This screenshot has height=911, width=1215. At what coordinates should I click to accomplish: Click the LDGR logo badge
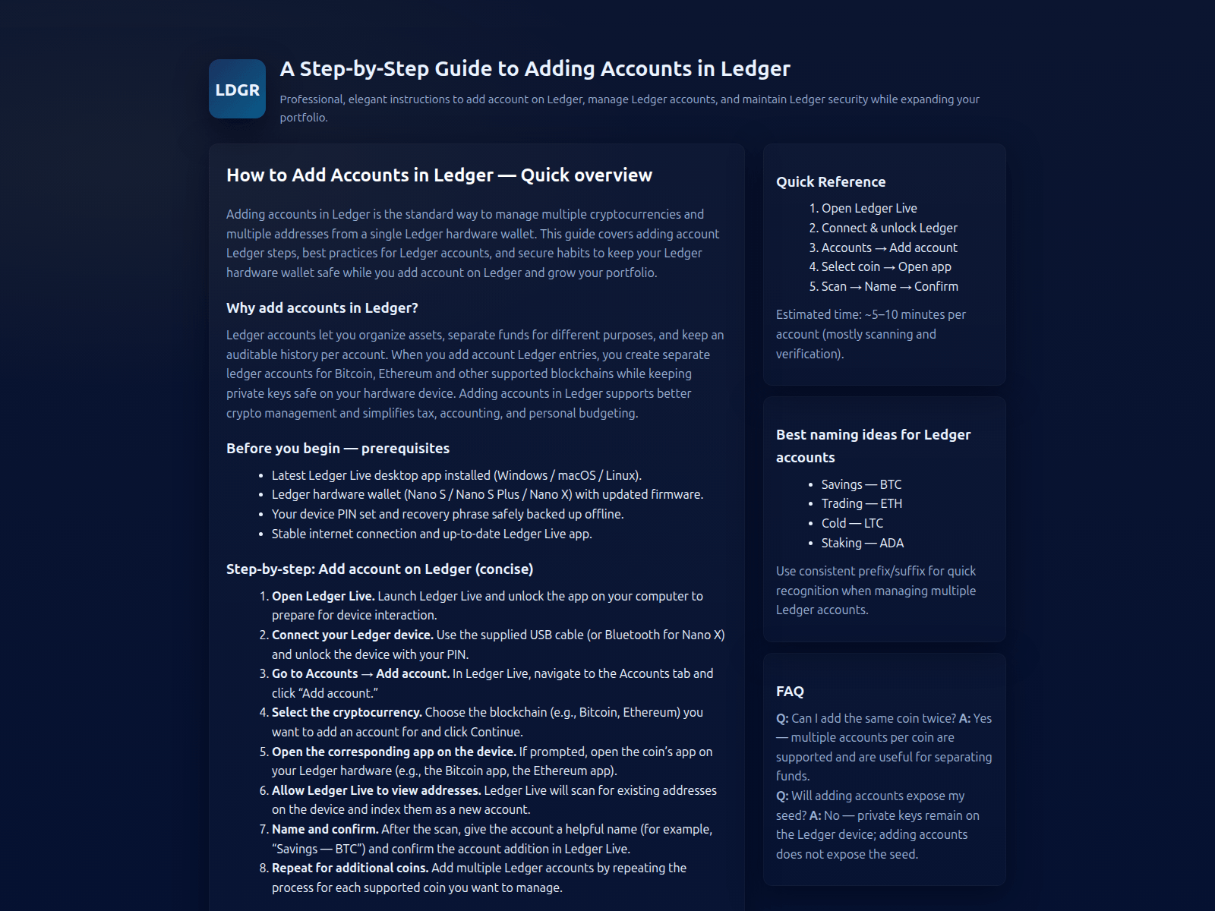pos(237,89)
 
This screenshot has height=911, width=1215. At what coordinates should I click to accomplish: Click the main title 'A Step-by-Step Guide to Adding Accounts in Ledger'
pos(535,69)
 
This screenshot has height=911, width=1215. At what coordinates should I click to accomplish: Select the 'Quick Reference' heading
pos(831,182)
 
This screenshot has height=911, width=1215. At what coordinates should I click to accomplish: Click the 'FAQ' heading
pos(790,692)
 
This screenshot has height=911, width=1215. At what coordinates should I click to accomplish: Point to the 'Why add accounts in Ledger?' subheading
pos(322,308)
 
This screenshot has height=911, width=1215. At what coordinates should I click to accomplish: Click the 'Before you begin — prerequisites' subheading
pos(338,449)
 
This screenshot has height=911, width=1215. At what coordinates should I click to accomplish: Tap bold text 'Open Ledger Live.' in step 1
pos(323,596)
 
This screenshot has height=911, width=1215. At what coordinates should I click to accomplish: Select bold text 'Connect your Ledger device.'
pos(352,635)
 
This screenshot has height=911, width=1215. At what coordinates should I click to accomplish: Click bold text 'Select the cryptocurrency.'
pos(346,712)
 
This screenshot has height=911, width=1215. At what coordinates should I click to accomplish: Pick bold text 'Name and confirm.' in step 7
pos(325,829)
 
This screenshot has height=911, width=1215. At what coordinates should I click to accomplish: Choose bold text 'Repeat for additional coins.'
pos(350,868)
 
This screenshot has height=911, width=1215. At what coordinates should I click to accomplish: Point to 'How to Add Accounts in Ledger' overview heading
pos(439,175)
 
